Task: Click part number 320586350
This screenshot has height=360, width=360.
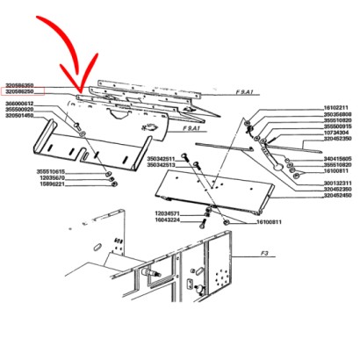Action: pos(20,84)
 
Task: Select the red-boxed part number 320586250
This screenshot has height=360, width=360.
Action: pos(20,91)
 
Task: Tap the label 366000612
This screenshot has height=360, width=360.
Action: pos(20,103)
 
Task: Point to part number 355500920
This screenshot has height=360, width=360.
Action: pos(20,109)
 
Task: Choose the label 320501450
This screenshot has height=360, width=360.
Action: pos(20,115)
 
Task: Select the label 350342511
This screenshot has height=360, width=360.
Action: pos(161,159)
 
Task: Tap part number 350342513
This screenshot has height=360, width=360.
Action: pos(161,165)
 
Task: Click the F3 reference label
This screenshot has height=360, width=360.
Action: pos(263,252)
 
